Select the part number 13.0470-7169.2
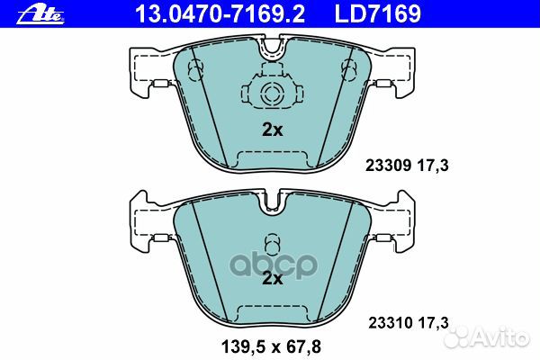[199, 13]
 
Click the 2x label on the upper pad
[272, 130]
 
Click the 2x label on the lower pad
[272, 279]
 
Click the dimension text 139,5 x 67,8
[271, 345]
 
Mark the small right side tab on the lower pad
[383, 238]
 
